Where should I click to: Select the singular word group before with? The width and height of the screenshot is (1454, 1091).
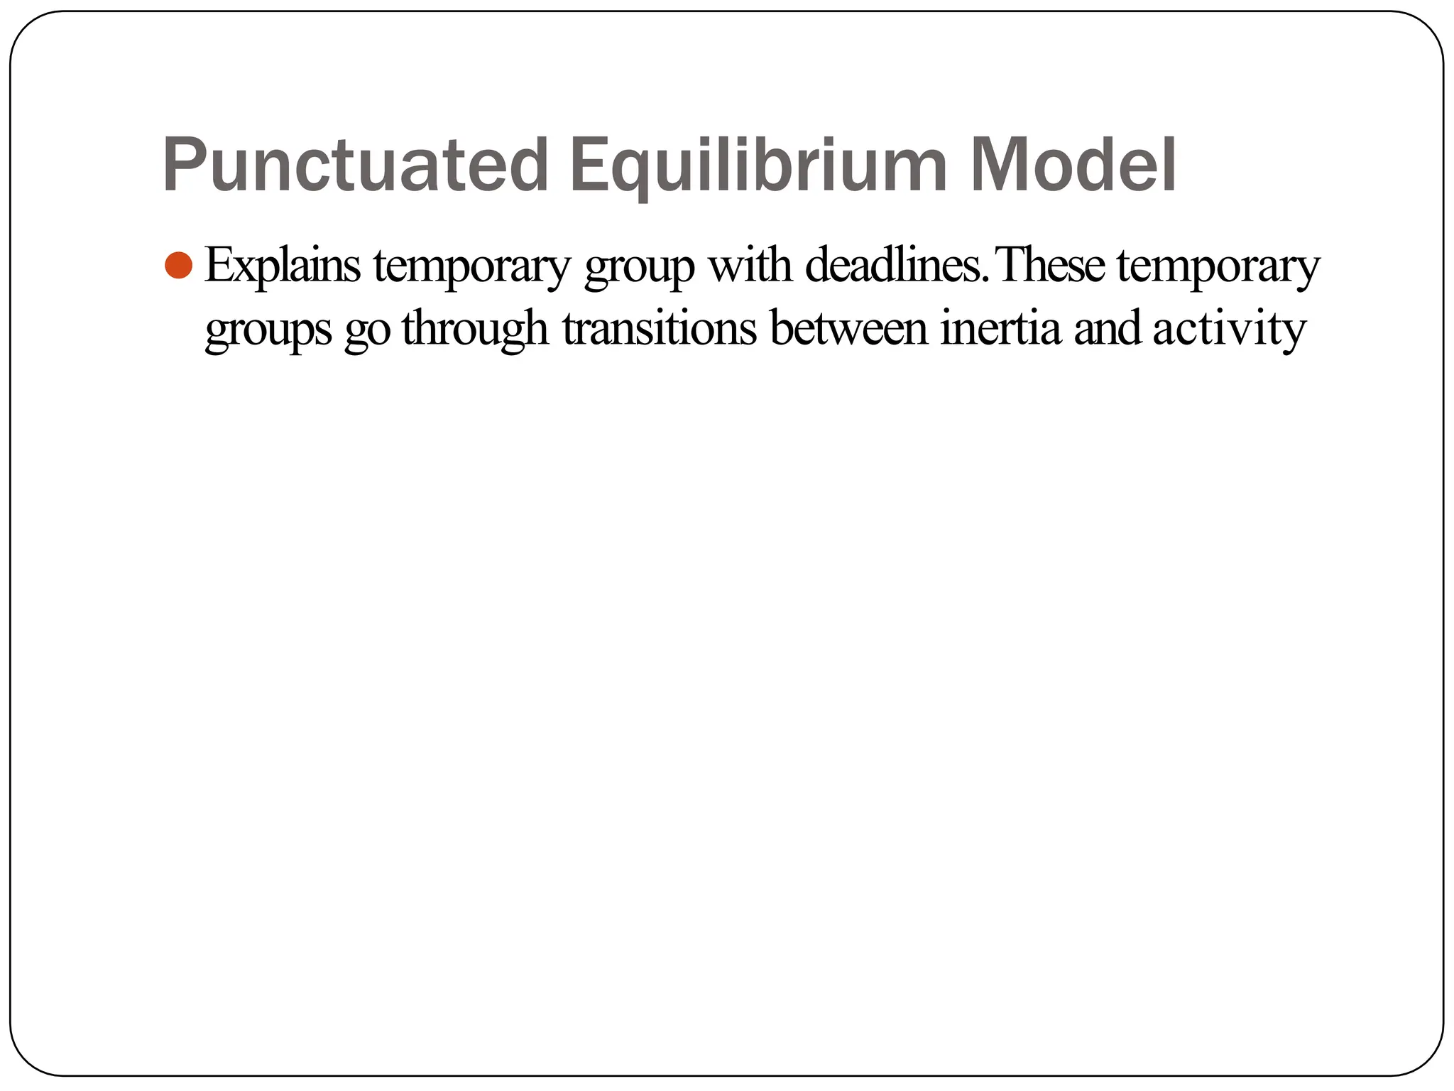tap(638, 268)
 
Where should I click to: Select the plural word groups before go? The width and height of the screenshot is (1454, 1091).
tap(268, 330)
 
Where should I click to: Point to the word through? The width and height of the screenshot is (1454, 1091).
tap(475, 330)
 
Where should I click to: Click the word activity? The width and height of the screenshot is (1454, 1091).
tap(1229, 330)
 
